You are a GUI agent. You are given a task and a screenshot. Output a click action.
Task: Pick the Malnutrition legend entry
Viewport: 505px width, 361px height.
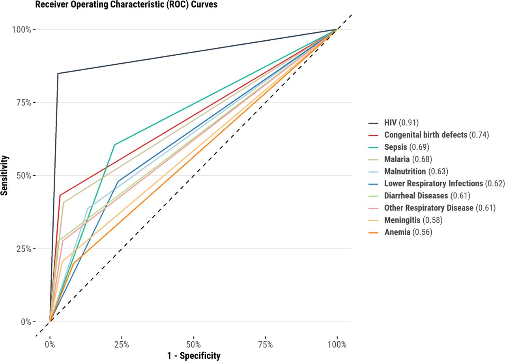click(416, 171)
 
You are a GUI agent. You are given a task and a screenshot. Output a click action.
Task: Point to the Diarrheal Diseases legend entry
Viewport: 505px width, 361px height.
click(427, 196)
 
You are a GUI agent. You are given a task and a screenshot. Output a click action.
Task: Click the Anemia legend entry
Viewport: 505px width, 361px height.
click(408, 232)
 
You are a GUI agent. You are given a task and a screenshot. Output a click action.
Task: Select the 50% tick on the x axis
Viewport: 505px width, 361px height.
click(193, 344)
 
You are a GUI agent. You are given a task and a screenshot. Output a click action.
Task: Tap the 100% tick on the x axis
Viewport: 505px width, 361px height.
click(337, 344)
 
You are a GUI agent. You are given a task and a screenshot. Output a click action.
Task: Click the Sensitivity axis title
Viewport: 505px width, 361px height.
click(5, 176)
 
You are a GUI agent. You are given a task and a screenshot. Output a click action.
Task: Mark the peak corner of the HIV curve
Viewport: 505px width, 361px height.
click(58, 73)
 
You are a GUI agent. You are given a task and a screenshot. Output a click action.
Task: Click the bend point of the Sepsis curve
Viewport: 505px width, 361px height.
click(114, 145)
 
